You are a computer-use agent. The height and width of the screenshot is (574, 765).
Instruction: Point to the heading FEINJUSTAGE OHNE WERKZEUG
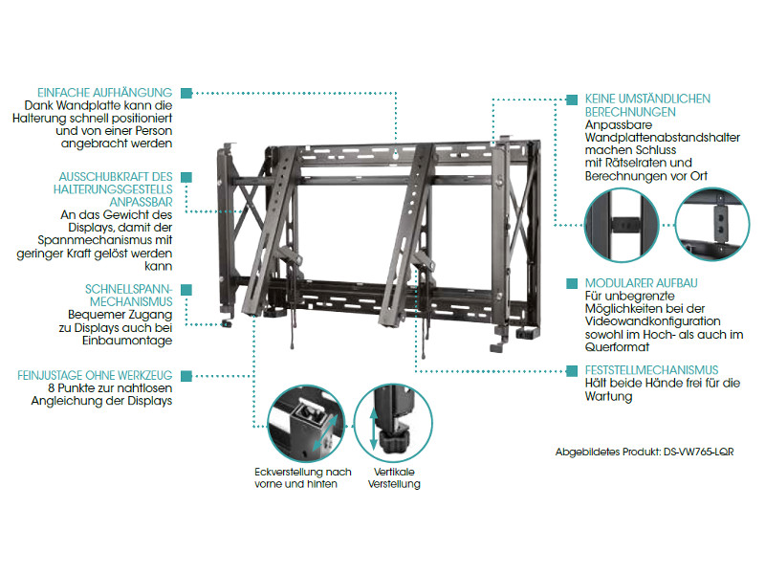pyautogui.click(x=94, y=375)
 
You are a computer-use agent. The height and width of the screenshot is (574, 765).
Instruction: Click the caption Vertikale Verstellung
pyautogui.click(x=394, y=477)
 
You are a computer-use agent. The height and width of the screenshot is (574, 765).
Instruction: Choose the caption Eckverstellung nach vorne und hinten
pyautogui.click(x=303, y=477)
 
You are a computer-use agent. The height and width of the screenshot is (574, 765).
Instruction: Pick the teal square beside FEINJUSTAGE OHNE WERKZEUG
pyautogui.click(x=185, y=375)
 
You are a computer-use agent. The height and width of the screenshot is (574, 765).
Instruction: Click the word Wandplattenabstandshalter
pyautogui.click(x=662, y=138)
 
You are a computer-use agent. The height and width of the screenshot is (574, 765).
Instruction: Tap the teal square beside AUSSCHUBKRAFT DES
pyautogui.click(x=185, y=176)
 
